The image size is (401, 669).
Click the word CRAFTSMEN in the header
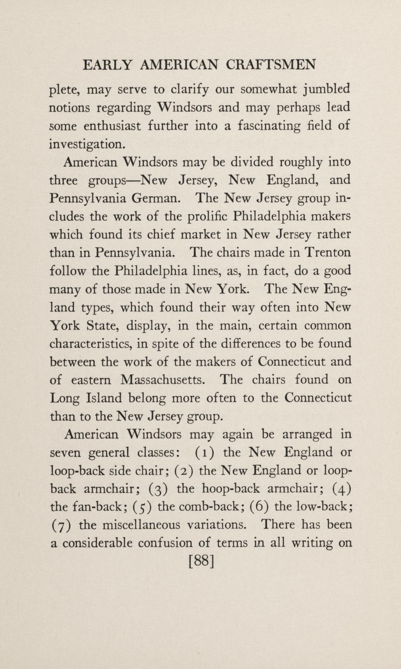(x=270, y=65)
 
